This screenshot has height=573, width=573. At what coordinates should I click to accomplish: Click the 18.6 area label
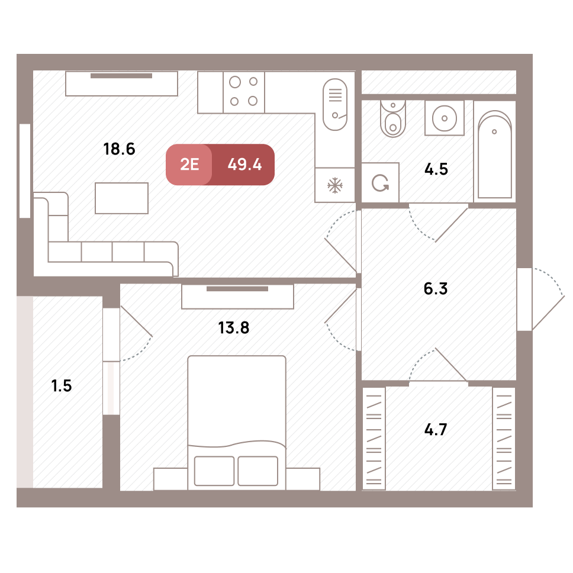(x=119, y=149)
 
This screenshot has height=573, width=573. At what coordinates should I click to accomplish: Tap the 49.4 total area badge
(x=244, y=165)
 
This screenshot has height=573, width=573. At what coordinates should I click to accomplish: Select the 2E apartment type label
(x=189, y=165)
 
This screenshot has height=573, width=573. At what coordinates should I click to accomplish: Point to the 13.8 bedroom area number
(x=233, y=328)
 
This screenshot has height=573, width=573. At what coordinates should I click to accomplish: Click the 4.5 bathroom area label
(x=436, y=169)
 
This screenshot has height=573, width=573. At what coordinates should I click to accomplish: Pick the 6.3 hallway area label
(x=436, y=289)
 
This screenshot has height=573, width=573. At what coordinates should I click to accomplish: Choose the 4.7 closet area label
(x=436, y=429)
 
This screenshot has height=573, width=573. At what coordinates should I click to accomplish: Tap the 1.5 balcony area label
(x=62, y=386)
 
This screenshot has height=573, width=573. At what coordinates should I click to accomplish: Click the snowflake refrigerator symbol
(x=334, y=185)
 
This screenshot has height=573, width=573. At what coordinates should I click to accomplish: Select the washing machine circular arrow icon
(x=380, y=183)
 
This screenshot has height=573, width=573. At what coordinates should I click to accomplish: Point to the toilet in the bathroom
(x=393, y=118)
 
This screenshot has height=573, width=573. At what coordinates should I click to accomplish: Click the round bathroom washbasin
(x=445, y=118)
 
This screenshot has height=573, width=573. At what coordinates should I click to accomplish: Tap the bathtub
(x=495, y=154)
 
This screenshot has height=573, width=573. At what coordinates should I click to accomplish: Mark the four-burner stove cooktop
(x=244, y=92)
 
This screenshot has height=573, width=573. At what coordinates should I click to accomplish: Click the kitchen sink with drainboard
(x=335, y=105)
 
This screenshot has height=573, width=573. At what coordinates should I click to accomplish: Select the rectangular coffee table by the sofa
(x=122, y=198)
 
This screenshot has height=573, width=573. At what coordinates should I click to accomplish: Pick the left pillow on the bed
(x=214, y=471)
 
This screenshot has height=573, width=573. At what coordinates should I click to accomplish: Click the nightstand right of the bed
(x=303, y=479)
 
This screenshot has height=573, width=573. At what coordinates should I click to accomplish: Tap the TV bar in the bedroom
(x=237, y=289)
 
